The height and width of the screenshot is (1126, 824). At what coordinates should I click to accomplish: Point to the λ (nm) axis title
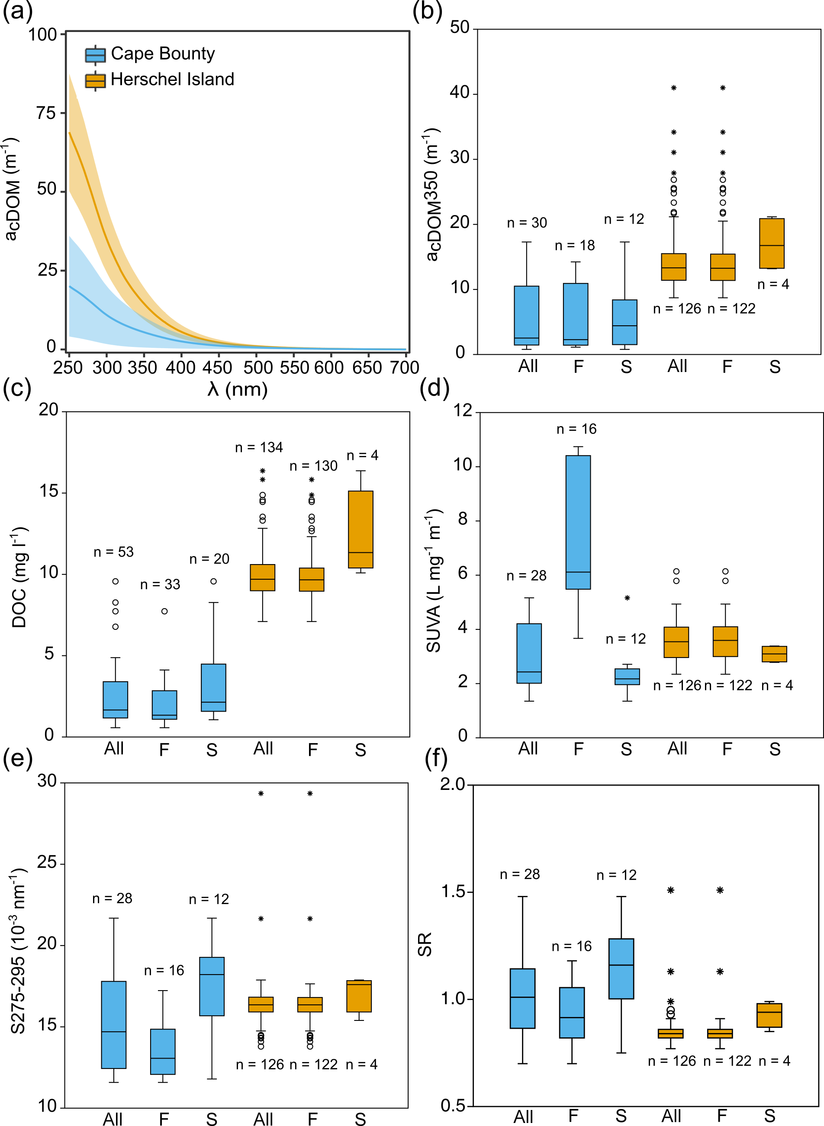click(238, 389)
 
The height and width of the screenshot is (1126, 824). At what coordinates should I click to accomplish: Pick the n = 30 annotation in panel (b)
click(527, 223)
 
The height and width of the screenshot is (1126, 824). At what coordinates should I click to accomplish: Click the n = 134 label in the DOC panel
click(259, 448)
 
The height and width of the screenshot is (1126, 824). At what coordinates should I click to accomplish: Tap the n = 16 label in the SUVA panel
click(576, 429)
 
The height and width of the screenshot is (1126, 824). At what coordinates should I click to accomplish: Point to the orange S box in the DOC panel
click(360, 529)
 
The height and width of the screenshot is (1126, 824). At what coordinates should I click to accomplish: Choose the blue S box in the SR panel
click(621, 969)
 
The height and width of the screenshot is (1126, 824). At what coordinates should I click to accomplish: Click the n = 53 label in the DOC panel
click(114, 552)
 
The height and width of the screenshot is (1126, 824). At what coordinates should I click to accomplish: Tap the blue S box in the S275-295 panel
click(212, 986)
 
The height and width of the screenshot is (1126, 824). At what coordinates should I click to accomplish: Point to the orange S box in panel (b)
click(772, 243)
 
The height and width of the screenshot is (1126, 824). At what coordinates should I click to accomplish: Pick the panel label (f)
click(435, 759)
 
